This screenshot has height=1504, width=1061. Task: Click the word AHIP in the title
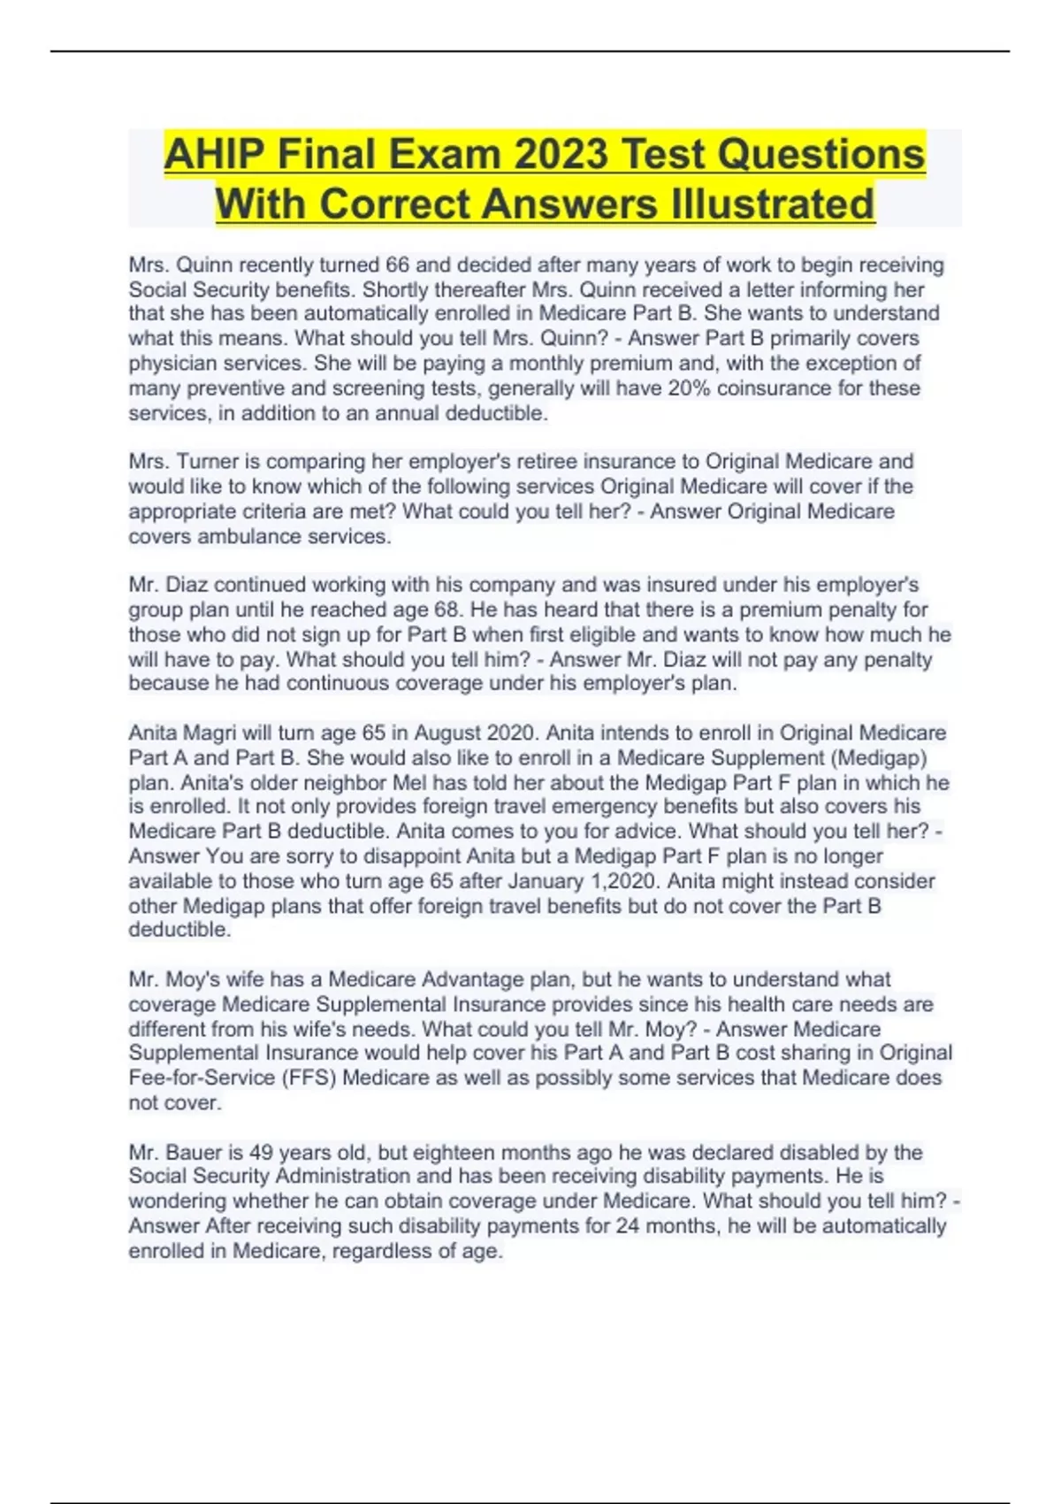coord(213,155)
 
